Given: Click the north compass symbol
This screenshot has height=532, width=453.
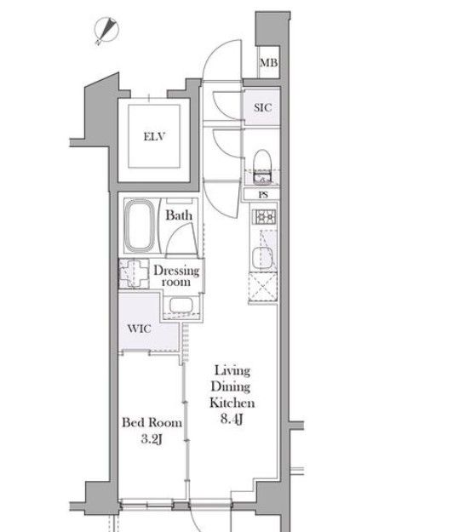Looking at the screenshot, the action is click(106, 31).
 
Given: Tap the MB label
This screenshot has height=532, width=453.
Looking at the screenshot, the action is click(269, 63).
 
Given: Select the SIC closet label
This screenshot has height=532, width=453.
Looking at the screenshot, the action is click(262, 107).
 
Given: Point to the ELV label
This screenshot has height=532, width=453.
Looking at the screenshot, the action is click(154, 136).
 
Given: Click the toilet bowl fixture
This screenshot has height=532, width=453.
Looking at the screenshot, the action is click(262, 162).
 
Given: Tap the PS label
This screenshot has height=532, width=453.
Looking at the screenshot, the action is click(263, 195).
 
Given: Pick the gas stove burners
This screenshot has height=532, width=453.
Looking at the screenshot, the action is click(264, 217).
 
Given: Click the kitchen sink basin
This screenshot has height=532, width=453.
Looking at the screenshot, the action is click(262, 258).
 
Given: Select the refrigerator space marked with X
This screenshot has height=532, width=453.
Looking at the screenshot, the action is click(263, 288).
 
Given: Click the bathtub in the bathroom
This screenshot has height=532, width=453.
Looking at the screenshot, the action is click(140, 225).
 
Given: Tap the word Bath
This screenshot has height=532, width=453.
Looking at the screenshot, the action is click(179, 215).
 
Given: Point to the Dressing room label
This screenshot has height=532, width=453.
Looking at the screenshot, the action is click(176, 276).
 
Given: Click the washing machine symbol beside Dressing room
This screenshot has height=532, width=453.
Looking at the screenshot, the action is click(134, 273).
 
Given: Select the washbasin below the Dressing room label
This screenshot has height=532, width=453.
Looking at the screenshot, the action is click(181, 306).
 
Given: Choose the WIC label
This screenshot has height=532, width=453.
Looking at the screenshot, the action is click(139, 329).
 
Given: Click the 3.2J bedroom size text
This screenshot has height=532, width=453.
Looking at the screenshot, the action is click(152, 439).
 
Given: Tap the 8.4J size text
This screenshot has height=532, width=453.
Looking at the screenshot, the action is click(232, 420).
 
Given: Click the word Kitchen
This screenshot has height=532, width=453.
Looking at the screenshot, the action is click(232, 403).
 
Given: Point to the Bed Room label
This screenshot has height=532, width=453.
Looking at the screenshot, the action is click(152, 422).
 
